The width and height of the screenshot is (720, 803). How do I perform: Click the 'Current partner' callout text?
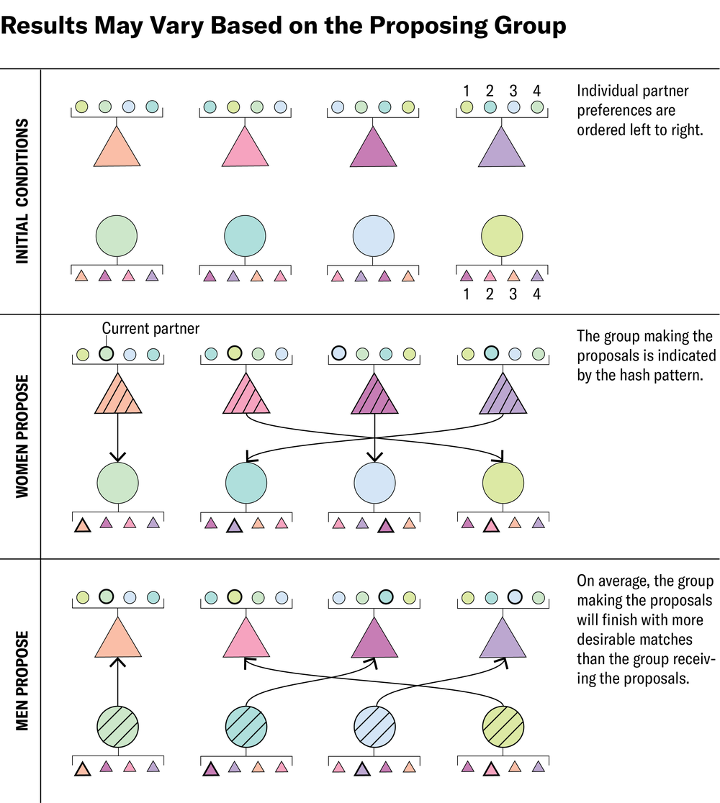coord(150,329)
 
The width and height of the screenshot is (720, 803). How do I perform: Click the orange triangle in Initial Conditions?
coord(116,148)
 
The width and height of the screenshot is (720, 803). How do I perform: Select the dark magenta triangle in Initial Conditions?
coord(374,148)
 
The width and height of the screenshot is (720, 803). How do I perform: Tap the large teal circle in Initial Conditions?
coord(246,235)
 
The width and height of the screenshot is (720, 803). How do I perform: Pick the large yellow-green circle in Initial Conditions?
coord(502,235)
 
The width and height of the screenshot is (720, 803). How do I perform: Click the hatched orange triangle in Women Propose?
coord(116,396)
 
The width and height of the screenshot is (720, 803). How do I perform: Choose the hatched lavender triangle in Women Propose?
coord(502,396)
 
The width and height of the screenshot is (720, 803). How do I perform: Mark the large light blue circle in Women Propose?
coord(374,482)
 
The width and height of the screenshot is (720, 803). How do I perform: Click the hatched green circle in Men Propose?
coord(116,727)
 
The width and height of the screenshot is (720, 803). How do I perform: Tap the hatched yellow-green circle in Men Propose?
coord(502,727)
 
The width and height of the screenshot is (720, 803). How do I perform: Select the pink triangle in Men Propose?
coord(246,640)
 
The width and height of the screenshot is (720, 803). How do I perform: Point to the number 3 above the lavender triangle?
coord(513,91)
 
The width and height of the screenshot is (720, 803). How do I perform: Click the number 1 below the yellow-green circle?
coord(466,294)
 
